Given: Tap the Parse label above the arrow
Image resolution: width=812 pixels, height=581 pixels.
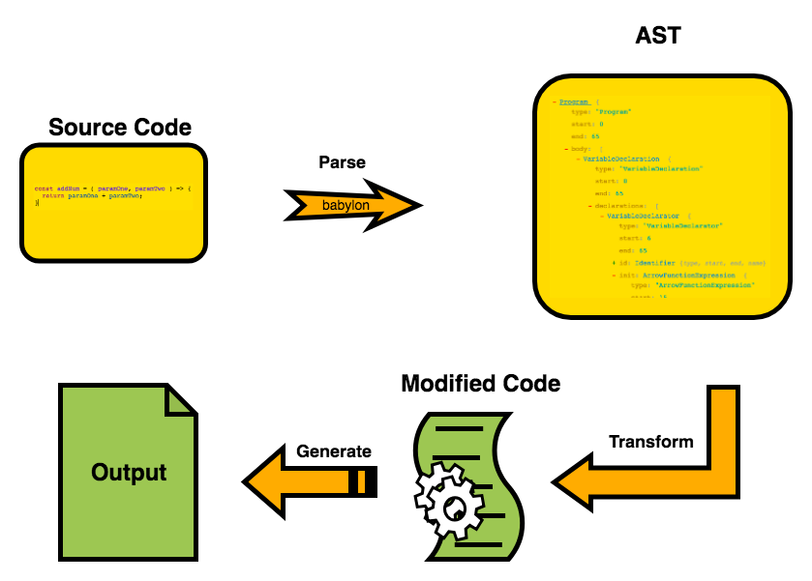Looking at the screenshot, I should [343, 162].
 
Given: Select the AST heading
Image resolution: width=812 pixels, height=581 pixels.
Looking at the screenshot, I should [657, 37].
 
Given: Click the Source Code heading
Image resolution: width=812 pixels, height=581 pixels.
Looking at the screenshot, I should [120, 127].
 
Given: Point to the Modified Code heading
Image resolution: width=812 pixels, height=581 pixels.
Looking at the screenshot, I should [480, 383].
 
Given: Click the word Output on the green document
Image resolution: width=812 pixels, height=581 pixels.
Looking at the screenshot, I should [129, 473].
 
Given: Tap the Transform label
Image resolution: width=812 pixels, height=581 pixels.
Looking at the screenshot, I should [650, 442].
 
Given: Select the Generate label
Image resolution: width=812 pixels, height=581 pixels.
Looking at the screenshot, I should [333, 451].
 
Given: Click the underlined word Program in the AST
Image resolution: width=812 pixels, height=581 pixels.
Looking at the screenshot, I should [575, 102].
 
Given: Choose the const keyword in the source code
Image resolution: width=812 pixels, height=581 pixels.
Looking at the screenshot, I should [44, 188].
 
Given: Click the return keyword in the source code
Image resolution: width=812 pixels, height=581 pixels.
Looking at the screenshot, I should [52, 195].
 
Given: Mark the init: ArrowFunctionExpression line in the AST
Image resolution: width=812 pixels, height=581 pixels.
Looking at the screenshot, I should [677, 276].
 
